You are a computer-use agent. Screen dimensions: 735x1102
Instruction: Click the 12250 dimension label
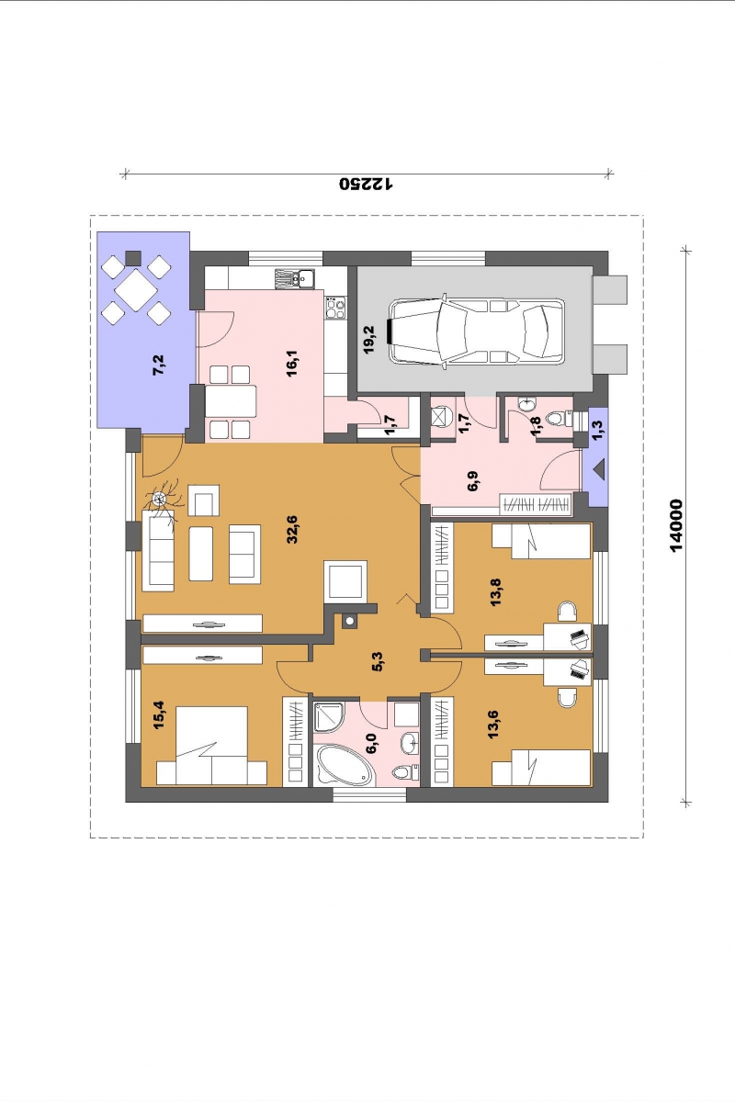coord(367,184)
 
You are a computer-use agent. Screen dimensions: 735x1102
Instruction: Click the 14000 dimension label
coord(677,525)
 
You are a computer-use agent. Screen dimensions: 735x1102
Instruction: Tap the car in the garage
coord(477,332)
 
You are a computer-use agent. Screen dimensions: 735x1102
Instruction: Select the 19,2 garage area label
coord(369,340)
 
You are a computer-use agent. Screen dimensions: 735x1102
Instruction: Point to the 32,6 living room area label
coord(292,529)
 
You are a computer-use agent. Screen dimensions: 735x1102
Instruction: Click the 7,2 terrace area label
coord(160,365)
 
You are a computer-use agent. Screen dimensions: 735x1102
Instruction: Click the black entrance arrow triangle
coord(599,471)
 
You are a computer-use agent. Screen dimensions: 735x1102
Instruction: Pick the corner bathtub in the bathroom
coord(344,776)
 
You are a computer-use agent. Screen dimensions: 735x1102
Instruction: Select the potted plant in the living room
coord(160,500)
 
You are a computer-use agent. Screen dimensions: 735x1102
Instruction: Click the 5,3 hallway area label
coord(379,661)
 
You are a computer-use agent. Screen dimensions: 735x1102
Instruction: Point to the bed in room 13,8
coord(541,541)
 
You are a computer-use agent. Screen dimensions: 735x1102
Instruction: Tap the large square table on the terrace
coord(136,290)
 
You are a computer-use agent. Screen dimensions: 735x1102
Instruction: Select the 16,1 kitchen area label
coord(292,363)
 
